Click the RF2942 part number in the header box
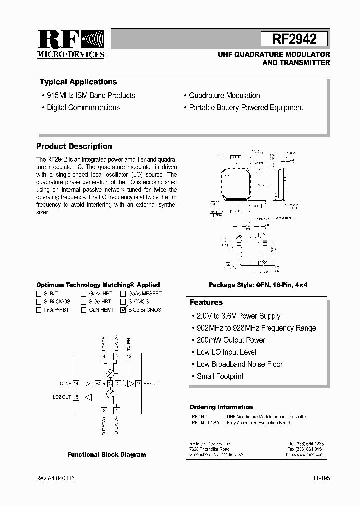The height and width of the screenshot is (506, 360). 294,39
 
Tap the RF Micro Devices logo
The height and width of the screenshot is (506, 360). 70,44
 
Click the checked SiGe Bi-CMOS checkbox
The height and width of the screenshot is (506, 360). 123,310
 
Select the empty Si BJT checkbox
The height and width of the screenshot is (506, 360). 39,294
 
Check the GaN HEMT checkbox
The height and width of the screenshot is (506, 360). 84,310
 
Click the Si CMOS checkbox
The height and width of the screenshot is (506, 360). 123,302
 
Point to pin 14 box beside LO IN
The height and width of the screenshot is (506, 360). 76,384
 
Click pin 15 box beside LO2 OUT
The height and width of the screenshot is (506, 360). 76,397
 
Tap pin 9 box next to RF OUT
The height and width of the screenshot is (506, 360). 138,384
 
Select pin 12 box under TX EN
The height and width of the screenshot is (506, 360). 129,356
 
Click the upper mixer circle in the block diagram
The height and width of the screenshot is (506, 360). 110,373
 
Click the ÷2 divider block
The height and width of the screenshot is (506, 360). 98,384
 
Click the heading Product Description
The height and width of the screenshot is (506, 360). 74,146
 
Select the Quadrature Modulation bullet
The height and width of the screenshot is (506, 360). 224,95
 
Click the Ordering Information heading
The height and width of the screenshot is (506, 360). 221,407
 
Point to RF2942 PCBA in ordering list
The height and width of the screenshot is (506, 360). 205,423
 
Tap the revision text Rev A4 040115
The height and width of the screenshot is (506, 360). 56,478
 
